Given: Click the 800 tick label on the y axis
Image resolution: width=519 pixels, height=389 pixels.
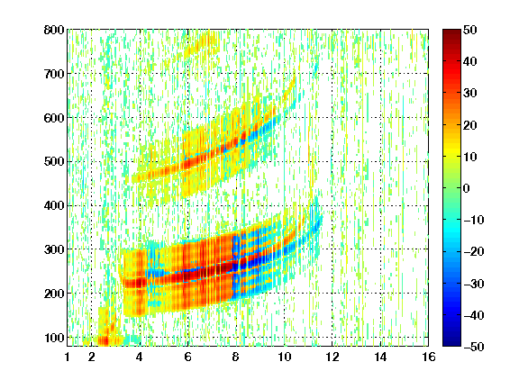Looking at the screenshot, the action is pyautogui.click(x=54, y=30).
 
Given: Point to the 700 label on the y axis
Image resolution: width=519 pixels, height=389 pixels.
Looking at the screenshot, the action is pyautogui.click(x=54, y=74).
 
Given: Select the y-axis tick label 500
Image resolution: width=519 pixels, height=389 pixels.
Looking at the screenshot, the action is pyautogui.click(x=54, y=162).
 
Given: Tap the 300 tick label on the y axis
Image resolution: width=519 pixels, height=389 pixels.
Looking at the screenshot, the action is pyautogui.click(x=54, y=249).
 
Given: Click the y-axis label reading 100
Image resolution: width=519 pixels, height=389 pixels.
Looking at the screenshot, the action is pyautogui.click(x=54, y=338).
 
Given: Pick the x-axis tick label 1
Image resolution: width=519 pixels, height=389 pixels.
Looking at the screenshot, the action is pyautogui.click(x=68, y=357).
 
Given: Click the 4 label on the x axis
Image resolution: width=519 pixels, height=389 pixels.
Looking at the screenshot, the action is pyautogui.click(x=140, y=357).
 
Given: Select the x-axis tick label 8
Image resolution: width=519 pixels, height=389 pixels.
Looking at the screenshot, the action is pyautogui.click(x=236, y=357).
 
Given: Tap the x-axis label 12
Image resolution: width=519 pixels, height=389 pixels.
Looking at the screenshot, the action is pyautogui.click(x=332, y=357).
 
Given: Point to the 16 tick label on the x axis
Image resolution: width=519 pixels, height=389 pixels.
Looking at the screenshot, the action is pyautogui.click(x=429, y=357).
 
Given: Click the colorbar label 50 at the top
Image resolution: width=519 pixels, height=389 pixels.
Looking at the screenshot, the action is pyautogui.click(x=470, y=30).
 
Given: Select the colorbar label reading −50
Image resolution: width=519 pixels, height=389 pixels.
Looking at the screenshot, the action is pyautogui.click(x=474, y=347).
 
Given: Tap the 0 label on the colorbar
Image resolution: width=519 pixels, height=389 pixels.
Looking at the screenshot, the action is pyautogui.click(x=467, y=188).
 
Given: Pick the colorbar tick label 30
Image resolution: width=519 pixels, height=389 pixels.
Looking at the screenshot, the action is pyautogui.click(x=470, y=94).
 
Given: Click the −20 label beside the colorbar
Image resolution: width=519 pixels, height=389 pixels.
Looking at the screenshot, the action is pyautogui.click(x=474, y=252).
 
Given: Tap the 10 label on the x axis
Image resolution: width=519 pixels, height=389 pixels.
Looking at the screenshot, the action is pyautogui.click(x=284, y=357).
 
